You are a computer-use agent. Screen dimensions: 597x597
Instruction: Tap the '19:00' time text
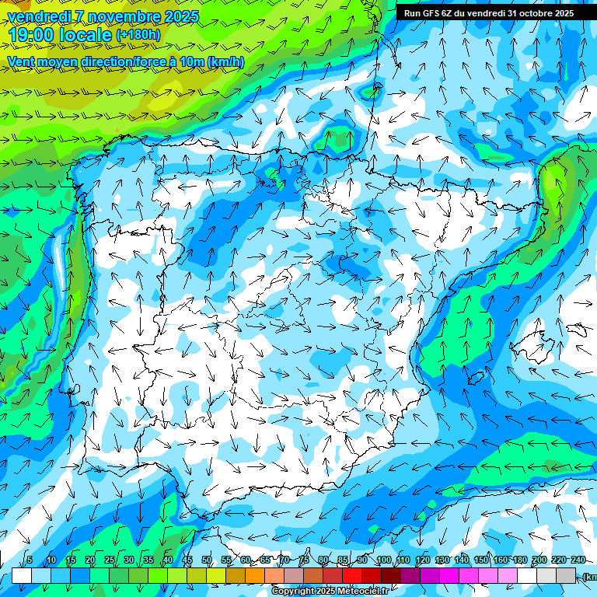pyautogui.click(x=35, y=35)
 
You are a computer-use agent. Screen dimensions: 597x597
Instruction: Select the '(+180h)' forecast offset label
pyautogui.click(x=138, y=35)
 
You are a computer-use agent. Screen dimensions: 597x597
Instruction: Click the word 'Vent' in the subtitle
pyautogui.click(x=22, y=62)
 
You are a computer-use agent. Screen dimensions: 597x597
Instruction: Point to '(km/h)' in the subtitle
pyautogui.click(x=225, y=62)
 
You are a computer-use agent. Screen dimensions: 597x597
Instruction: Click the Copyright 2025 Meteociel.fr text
pyautogui.click(x=330, y=592)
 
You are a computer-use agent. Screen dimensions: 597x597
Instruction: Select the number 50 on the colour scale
pyautogui.click(x=207, y=560)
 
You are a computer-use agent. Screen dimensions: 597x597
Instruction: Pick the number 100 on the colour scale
pyautogui.click(x=383, y=560)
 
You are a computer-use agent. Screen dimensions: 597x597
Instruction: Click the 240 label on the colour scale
pyautogui.click(x=578, y=560)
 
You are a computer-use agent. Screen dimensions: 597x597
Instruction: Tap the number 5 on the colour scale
pyautogui.click(x=30, y=560)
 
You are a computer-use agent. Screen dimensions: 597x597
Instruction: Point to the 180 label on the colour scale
pyautogui.click(x=518, y=560)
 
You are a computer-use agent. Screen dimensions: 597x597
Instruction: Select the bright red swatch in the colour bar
pyautogui.click(x=352, y=575)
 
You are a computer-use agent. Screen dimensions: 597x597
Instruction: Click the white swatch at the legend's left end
pyautogui.click(x=21, y=575)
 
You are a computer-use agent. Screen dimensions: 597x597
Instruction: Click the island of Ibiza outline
pyautogui.click(x=474, y=379)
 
